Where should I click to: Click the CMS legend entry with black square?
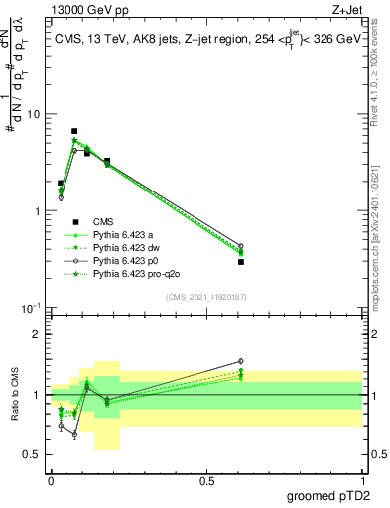[103, 221]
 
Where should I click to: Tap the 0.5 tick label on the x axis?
[206, 481]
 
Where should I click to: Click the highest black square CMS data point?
[74, 131]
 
